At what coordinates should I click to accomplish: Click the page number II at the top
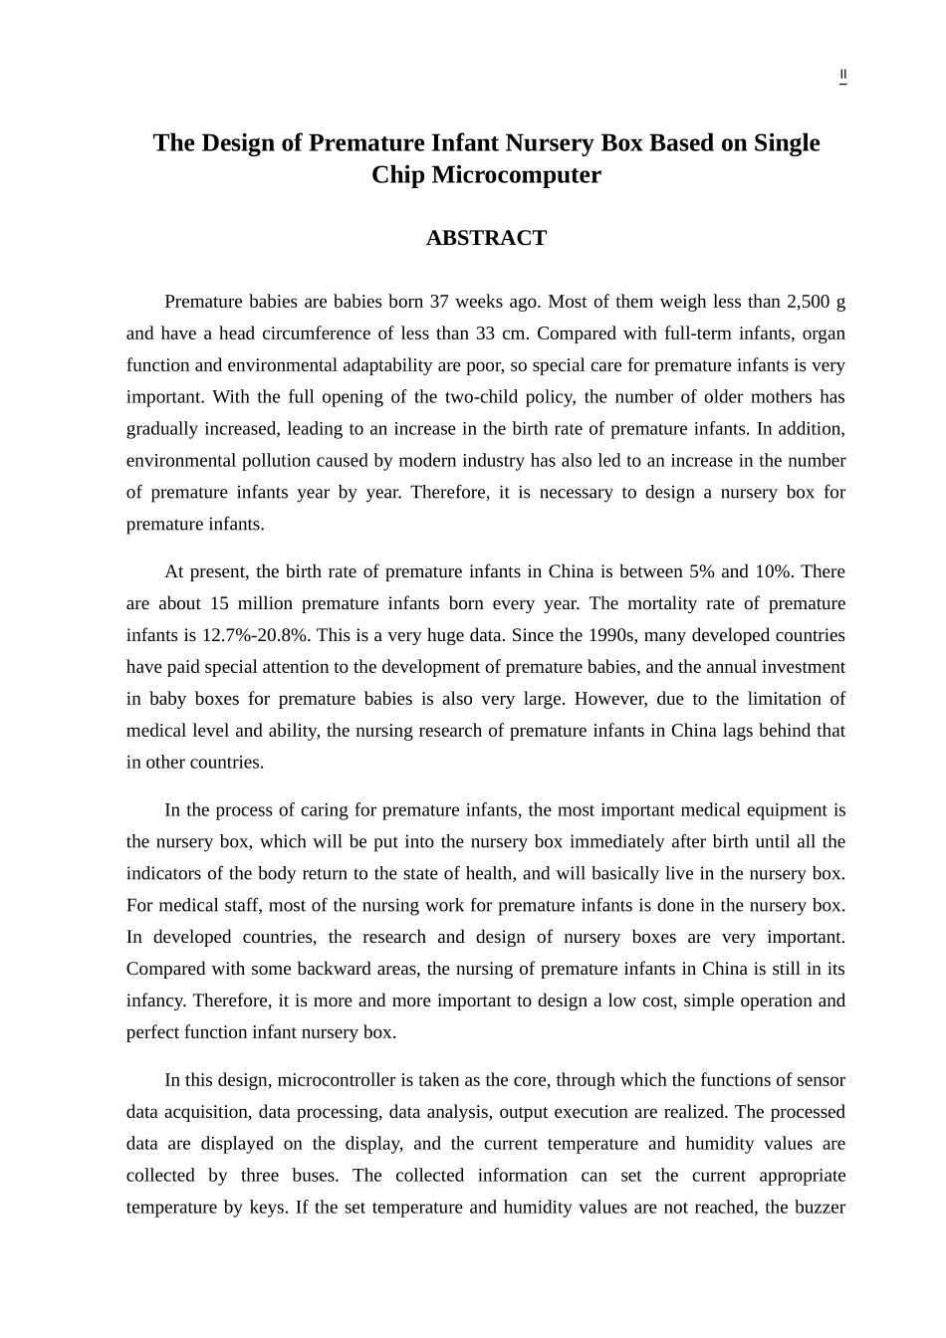842,75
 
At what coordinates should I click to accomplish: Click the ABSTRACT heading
486,238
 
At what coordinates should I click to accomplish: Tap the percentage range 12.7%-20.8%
256,635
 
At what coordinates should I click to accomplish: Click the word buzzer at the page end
819,1208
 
